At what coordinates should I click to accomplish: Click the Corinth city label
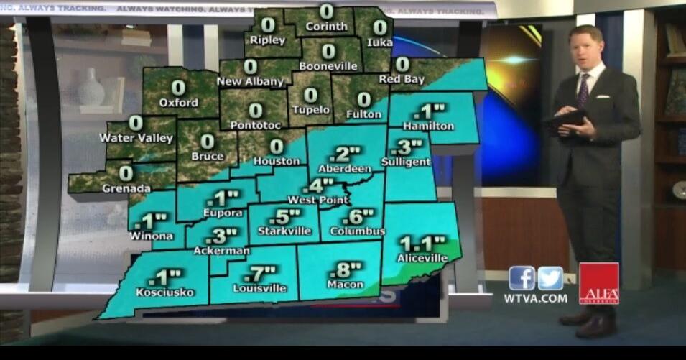[327, 27]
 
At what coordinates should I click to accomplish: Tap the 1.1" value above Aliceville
[422, 243]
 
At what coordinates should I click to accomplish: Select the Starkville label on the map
[284, 231]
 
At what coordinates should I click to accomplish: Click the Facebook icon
[522, 278]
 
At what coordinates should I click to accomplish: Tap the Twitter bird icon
[551, 278]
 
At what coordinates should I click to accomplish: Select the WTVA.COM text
[535, 298]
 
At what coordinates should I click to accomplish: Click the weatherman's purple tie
[583, 90]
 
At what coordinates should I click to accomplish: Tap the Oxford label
[178, 103]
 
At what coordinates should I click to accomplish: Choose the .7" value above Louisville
[259, 274]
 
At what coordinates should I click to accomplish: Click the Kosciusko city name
[164, 292]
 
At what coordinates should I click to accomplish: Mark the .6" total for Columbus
[358, 216]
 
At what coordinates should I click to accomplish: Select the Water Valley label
[136, 138]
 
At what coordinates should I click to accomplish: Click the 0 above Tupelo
[310, 95]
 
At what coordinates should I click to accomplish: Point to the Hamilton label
[428, 126]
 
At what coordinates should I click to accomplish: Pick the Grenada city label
[126, 189]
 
